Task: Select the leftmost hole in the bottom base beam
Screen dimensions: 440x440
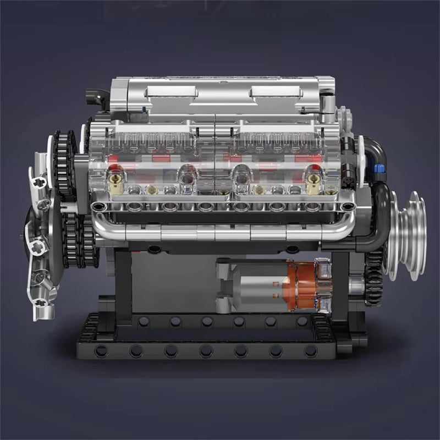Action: pyautogui.click(x=100, y=350)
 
